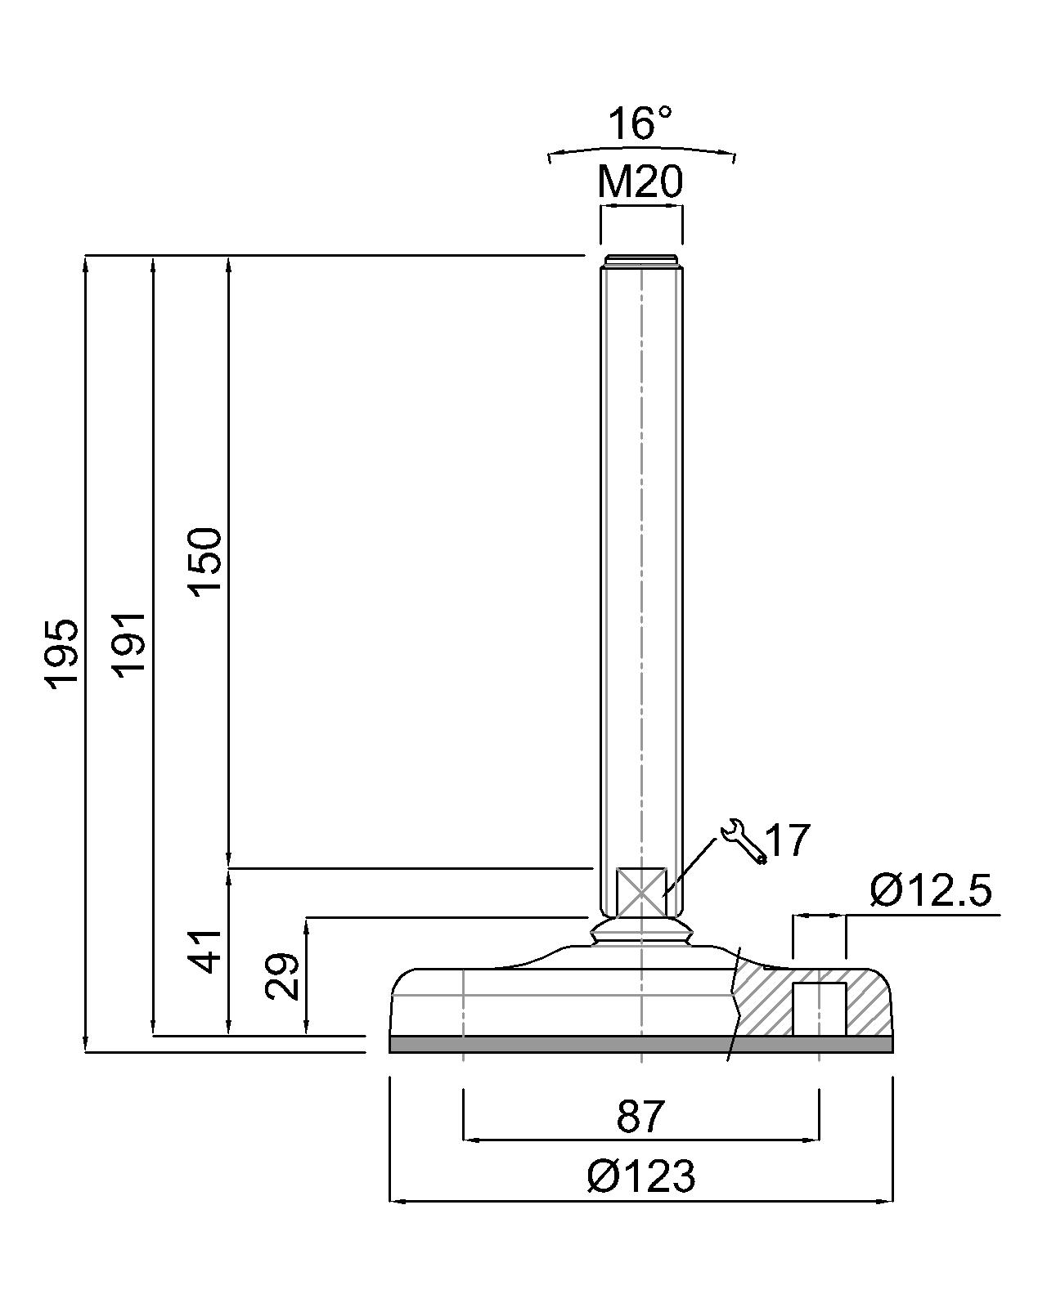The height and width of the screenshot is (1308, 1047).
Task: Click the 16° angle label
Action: (x=640, y=123)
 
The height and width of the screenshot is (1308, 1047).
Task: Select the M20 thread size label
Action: (x=640, y=182)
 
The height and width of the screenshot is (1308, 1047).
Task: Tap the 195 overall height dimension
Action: (x=63, y=654)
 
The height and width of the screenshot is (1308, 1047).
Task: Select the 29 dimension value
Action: (x=283, y=976)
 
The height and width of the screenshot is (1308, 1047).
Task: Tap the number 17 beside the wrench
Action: (x=789, y=840)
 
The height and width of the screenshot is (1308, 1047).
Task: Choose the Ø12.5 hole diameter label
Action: (x=931, y=890)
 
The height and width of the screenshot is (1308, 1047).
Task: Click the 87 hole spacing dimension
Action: (x=640, y=1117)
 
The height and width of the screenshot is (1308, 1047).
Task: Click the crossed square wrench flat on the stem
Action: (x=641, y=892)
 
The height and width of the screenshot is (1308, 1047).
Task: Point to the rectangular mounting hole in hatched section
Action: (x=819, y=1009)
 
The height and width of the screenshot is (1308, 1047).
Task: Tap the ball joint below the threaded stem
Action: (x=641, y=931)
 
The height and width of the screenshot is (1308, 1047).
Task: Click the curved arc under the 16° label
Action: (x=641, y=150)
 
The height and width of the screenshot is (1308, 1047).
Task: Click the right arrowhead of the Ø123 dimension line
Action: (x=886, y=1201)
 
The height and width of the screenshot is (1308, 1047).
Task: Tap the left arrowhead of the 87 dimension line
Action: (x=470, y=1139)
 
